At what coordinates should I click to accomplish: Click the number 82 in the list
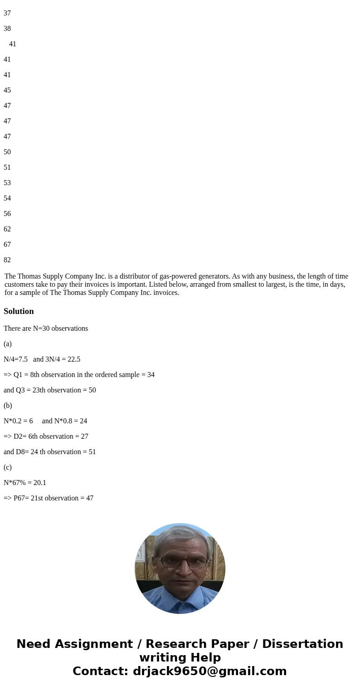(x=7, y=260)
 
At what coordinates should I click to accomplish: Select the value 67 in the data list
(x=7, y=245)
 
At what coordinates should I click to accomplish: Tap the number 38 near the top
(x=7, y=29)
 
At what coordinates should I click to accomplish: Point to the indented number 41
(x=13, y=44)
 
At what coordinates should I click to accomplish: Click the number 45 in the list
(x=7, y=90)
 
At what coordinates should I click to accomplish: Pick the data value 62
(x=7, y=229)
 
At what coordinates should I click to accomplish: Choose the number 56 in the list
(x=7, y=214)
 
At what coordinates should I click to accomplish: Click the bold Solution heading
(x=19, y=311)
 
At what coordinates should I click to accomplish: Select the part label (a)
(x=8, y=344)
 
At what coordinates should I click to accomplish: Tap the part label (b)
(x=8, y=406)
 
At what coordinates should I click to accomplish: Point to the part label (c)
(x=8, y=467)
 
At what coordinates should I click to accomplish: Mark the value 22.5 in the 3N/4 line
(x=74, y=359)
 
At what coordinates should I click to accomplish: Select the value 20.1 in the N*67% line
(x=40, y=483)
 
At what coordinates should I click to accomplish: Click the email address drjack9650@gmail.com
(x=209, y=671)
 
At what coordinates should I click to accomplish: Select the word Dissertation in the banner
(x=302, y=644)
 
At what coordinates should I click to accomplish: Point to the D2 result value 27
(x=84, y=436)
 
